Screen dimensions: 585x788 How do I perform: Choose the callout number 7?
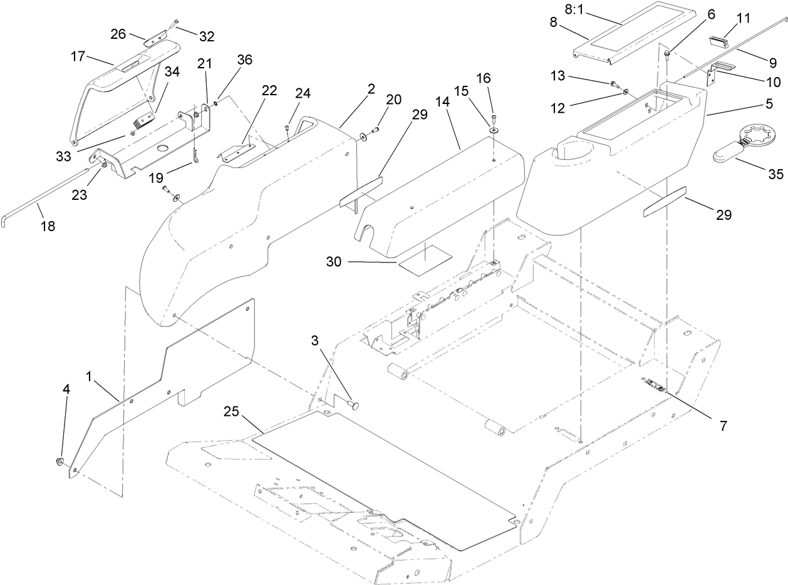pyautogui.click(x=723, y=426)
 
